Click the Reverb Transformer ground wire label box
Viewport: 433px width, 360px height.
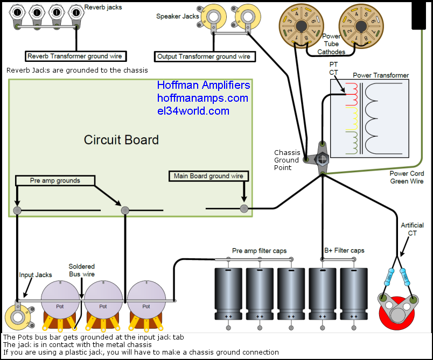(x=75, y=56)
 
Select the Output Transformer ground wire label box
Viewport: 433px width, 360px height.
(x=204, y=57)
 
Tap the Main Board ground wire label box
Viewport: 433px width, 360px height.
(x=208, y=176)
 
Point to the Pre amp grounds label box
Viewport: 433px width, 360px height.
(x=54, y=181)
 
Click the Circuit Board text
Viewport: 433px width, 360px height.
(x=121, y=140)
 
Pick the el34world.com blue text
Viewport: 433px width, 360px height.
(x=193, y=111)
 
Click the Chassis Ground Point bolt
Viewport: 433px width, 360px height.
(x=322, y=158)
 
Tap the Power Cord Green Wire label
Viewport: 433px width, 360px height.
(x=407, y=177)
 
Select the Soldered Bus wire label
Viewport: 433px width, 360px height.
(x=82, y=270)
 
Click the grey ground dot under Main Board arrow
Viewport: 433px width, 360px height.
(x=244, y=208)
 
